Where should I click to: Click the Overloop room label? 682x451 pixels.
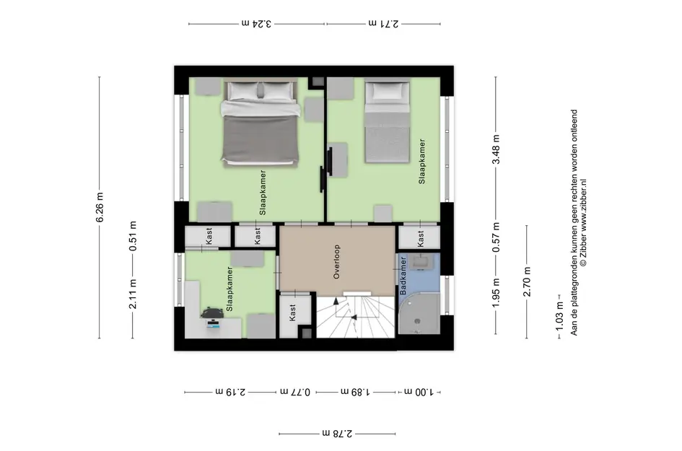(336, 261)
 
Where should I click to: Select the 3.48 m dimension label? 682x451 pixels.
(496, 150)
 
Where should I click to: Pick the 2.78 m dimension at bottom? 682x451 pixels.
(336, 434)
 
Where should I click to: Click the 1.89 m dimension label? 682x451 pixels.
(355, 392)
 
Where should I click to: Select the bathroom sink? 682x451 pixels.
(421, 262)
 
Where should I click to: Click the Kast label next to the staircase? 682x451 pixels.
(293, 312)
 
